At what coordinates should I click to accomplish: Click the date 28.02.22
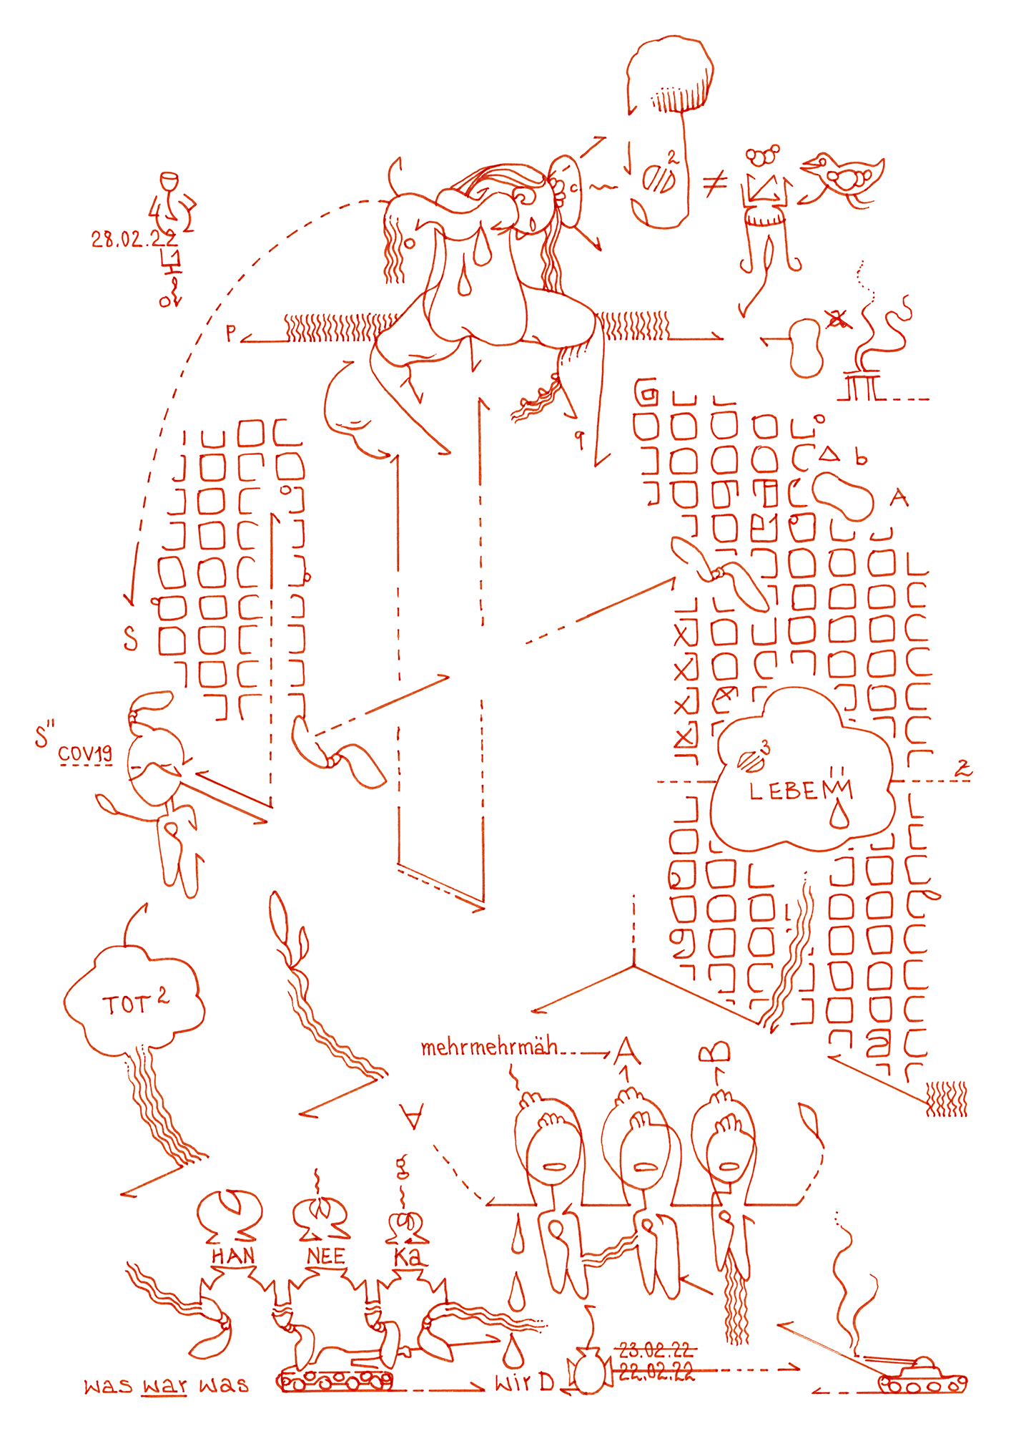(x=134, y=239)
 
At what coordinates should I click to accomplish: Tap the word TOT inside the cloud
(x=127, y=1005)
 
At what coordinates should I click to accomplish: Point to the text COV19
(x=85, y=753)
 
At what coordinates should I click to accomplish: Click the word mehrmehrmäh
(x=489, y=1047)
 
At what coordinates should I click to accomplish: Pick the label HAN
(x=232, y=1256)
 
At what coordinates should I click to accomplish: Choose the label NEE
(x=326, y=1256)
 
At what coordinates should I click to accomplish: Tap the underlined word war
(x=164, y=1386)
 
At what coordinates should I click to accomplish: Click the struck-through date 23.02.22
(x=656, y=1350)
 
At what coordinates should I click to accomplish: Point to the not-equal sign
(x=714, y=184)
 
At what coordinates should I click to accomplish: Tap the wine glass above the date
(x=169, y=183)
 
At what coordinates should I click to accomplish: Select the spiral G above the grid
(x=646, y=392)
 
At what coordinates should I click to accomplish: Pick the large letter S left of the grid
(x=130, y=638)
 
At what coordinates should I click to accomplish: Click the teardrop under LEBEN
(x=839, y=816)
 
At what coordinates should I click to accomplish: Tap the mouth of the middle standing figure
(x=644, y=1167)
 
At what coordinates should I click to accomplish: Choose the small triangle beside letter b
(x=829, y=454)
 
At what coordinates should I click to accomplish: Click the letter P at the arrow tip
(x=230, y=333)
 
